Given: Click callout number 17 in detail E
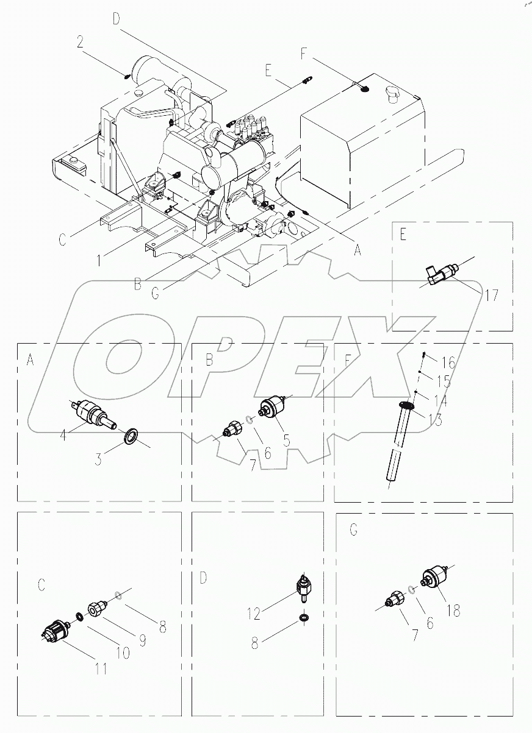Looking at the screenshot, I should pos(491,297).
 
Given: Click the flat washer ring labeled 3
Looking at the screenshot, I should pos(130,437).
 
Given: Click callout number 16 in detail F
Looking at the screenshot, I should pos(448,363).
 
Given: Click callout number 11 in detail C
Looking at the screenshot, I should pos(101,669).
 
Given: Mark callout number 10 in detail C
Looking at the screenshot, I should pos(123,653).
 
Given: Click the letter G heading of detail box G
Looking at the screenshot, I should pos(353,530).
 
